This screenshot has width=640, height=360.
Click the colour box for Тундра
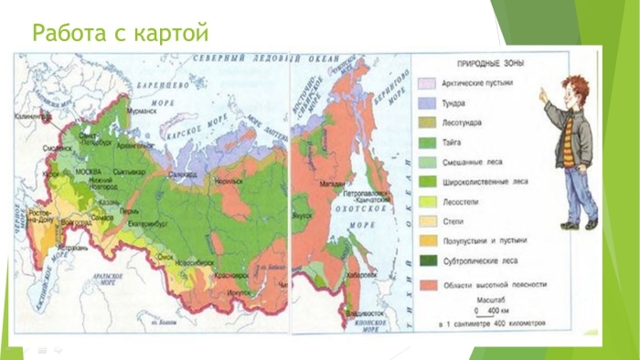click(x=424, y=102)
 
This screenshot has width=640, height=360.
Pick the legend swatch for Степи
click(x=424, y=220)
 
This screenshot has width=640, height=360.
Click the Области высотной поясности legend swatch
click(x=424, y=284)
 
